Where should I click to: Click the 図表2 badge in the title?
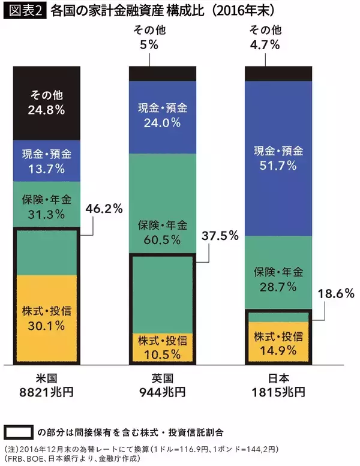[x=24, y=10]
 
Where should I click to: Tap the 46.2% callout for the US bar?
[x=105, y=209]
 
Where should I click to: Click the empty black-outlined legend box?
[x=18, y=431]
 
